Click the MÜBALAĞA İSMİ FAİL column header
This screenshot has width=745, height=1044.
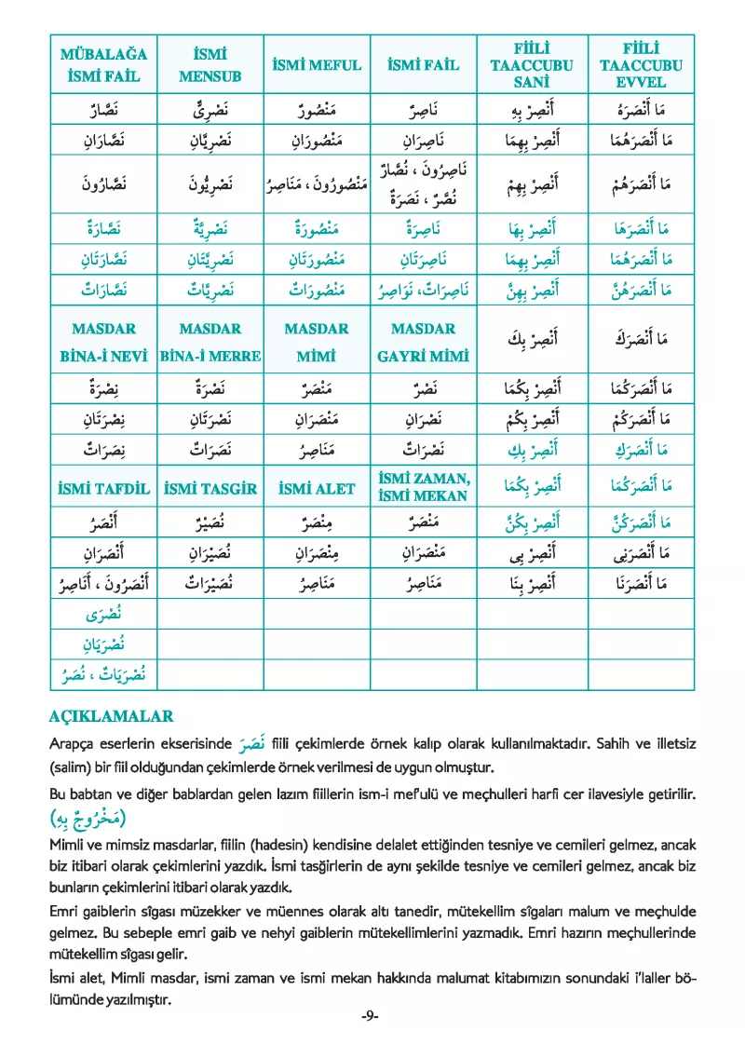[x=103, y=64]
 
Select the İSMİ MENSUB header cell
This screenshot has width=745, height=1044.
[x=210, y=64]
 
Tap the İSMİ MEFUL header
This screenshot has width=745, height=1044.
[x=317, y=65]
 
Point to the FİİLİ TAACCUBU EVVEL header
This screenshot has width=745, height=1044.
[x=641, y=65]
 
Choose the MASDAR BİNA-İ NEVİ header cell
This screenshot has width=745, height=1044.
[x=103, y=342]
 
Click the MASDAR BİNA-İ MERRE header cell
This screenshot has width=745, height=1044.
[x=210, y=342]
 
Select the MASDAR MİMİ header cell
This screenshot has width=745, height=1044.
[x=317, y=342]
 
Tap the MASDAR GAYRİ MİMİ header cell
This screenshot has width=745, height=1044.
[x=424, y=342]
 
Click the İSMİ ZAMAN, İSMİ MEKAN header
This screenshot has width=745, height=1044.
[x=424, y=487]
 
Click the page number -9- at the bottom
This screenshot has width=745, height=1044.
[x=371, y=1016]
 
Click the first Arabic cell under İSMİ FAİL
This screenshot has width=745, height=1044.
[x=424, y=112]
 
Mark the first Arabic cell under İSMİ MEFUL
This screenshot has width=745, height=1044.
[x=317, y=112]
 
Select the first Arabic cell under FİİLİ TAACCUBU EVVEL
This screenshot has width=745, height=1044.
[x=641, y=112]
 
